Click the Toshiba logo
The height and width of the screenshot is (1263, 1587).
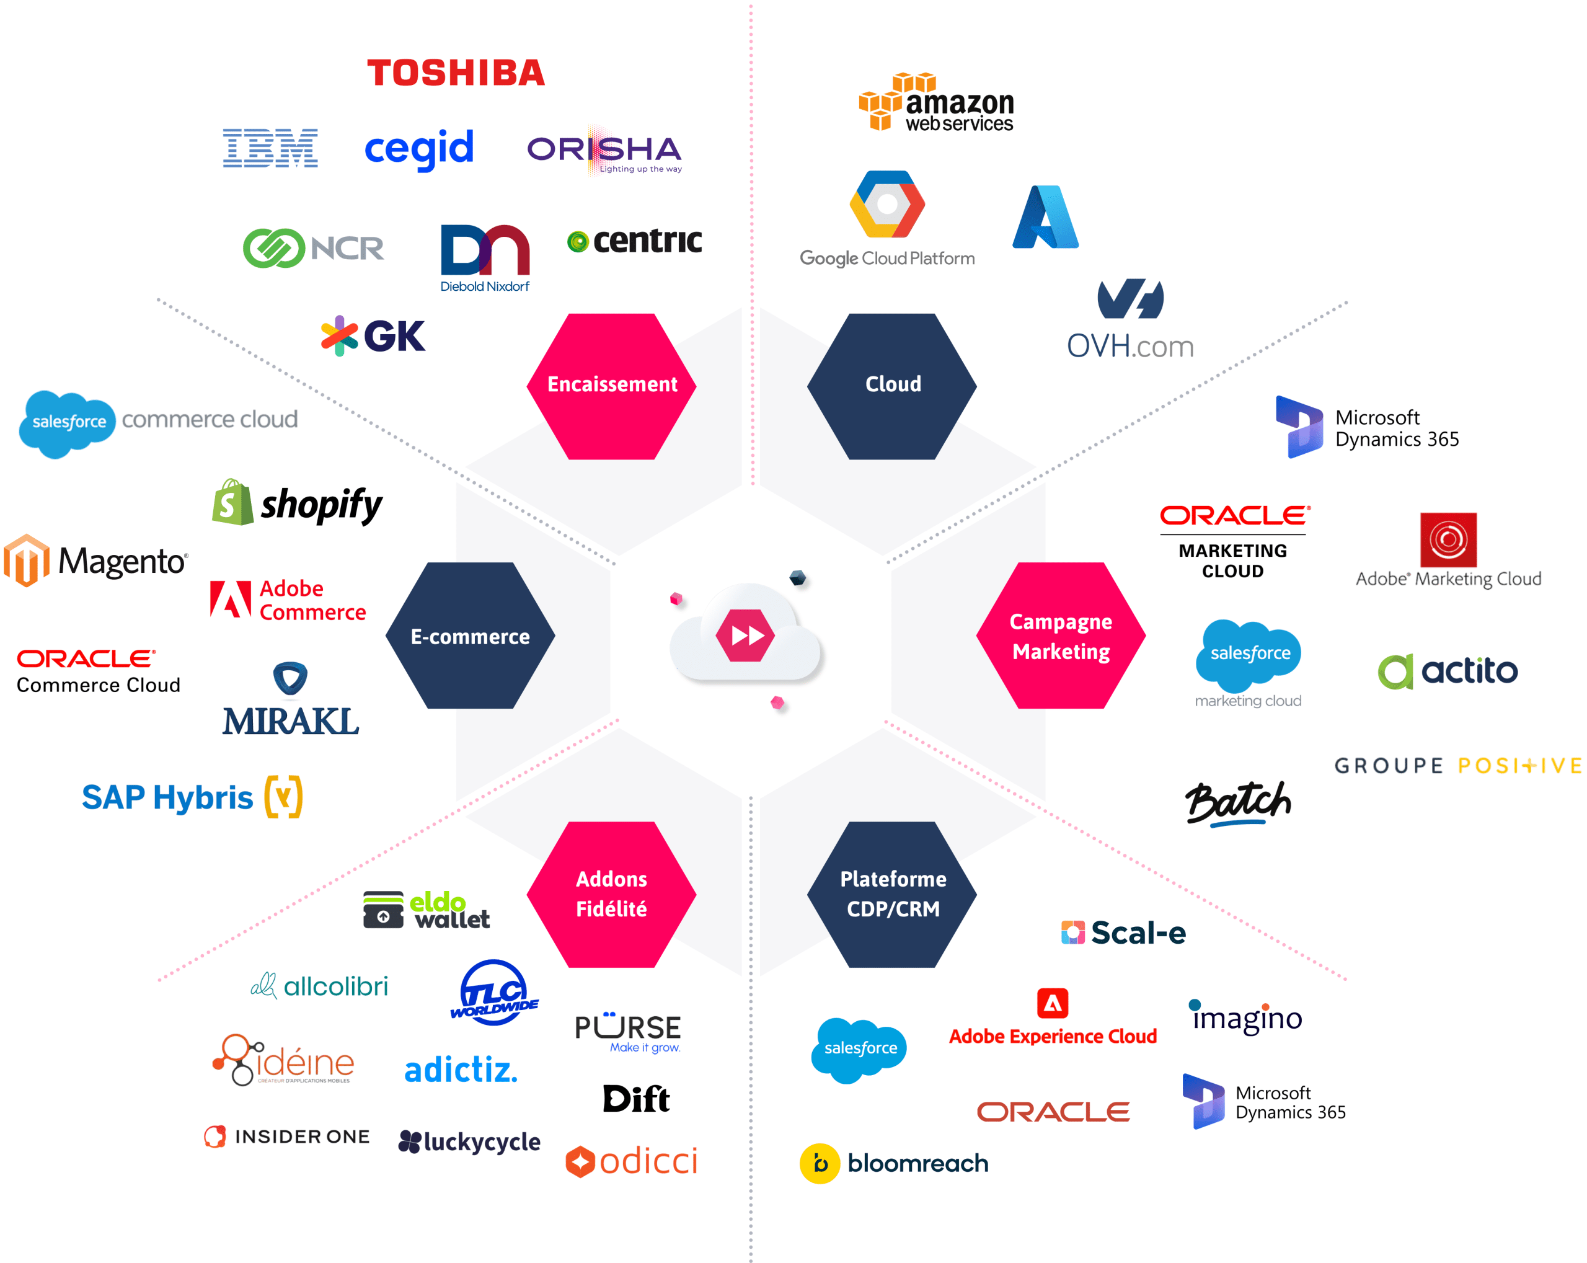[x=456, y=73]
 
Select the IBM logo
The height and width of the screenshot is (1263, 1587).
[x=270, y=148]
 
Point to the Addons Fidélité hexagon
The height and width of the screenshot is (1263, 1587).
[x=612, y=894]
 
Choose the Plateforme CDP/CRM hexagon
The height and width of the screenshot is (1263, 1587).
[x=892, y=894]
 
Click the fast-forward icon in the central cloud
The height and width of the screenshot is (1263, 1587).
[x=746, y=634]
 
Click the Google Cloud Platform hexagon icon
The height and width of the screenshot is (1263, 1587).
[x=887, y=204]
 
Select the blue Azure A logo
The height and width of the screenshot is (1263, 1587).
[x=1045, y=216]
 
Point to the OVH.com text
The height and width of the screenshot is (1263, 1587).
[x=1131, y=346]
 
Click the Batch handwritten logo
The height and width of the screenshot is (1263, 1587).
[x=1238, y=804]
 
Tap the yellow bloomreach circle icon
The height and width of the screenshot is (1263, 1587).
[x=820, y=1164]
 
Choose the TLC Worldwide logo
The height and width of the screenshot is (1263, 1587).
[x=494, y=993]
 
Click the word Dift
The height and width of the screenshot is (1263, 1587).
[x=636, y=1099]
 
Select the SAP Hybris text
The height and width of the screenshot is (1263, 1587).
[x=167, y=797]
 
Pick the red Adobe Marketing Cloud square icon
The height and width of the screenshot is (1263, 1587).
[x=1448, y=539]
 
